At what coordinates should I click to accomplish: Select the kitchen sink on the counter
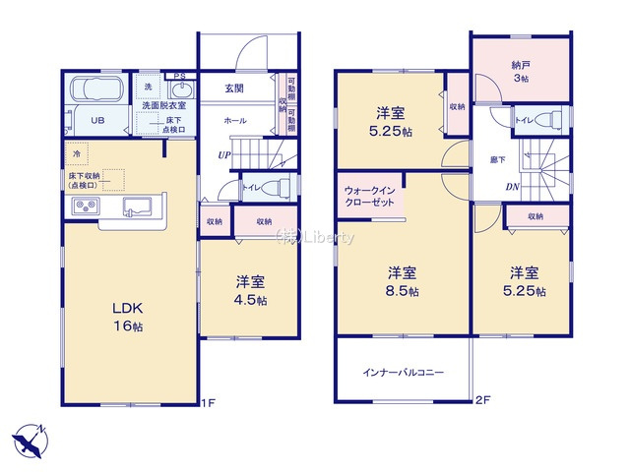point(136,206)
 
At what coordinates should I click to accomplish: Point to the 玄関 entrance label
point(235,88)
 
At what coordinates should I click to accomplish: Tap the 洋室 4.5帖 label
point(250,290)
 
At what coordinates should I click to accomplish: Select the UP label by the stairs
point(225,155)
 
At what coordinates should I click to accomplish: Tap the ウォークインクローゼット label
point(370,195)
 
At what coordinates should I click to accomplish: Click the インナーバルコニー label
point(403,373)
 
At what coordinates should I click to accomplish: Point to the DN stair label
point(513,187)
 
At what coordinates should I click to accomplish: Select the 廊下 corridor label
point(498,158)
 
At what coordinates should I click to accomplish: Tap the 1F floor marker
point(208,401)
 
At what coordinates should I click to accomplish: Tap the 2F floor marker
point(481,400)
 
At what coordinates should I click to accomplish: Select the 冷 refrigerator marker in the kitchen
point(77,154)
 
